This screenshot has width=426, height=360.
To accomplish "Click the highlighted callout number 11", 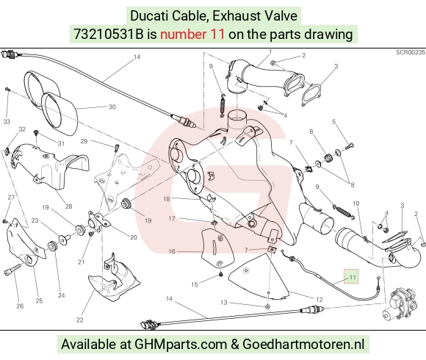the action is point(352,277).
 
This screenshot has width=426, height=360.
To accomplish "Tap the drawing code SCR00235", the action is point(411,52).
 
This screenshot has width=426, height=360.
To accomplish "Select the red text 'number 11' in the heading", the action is point(192,35).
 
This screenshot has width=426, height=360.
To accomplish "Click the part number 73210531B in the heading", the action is point(108,35).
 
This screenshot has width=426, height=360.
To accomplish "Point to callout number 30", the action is point(112,107).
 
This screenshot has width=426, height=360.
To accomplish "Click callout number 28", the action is point(68,206).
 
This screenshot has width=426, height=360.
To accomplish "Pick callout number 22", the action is point(79,320).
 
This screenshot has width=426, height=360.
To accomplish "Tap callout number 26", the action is point(20,306).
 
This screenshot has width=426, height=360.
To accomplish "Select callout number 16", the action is point(172,251).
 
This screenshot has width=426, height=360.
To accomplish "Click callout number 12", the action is point(319,300).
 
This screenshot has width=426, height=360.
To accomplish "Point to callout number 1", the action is point(270,51).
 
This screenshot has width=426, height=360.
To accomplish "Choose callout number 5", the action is point(334,121).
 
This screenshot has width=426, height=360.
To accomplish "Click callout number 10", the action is point(356,204).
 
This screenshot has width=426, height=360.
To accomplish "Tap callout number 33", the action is point(7,121).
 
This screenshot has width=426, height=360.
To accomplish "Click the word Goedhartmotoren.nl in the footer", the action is point(303,344).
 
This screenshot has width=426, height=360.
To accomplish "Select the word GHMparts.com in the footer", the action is point(181,344).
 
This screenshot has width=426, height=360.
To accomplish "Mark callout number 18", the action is point(166,199).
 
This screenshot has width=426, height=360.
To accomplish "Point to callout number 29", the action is point(84,141).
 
